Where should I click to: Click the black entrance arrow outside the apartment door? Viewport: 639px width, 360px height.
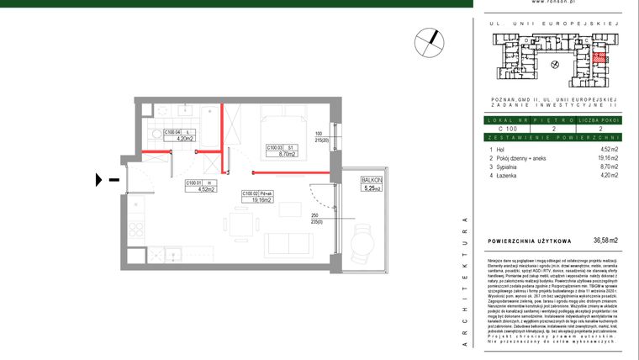click(100, 178)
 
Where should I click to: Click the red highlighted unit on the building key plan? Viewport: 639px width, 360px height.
click(599, 59)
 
